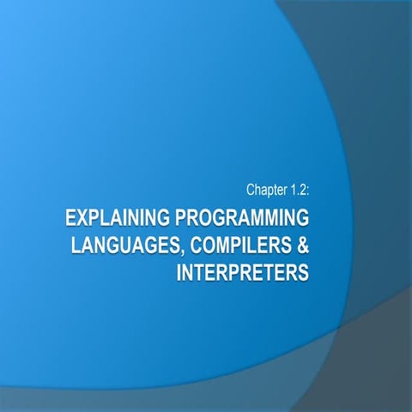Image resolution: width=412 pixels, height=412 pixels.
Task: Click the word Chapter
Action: click(264, 186)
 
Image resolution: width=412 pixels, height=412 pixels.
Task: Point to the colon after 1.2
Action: click(306, 187)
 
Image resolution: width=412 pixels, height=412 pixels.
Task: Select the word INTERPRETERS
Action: click(240, 274)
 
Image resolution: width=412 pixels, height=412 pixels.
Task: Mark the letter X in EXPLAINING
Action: click(82, 215)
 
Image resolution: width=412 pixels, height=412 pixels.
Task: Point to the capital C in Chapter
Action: click(249, 186)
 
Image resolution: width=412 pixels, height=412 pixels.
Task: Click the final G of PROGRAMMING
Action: click(301, 215)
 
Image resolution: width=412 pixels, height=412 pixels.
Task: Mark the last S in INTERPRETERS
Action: click(303, 274)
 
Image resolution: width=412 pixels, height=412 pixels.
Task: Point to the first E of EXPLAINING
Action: click(70, 215)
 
